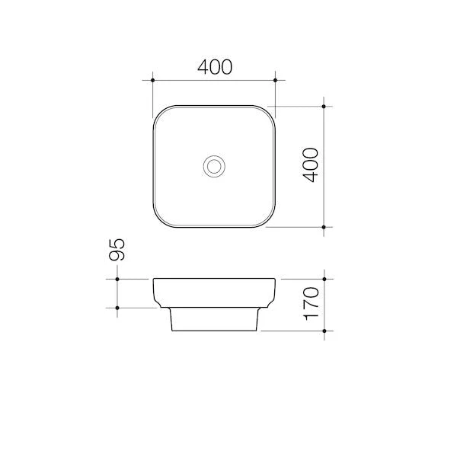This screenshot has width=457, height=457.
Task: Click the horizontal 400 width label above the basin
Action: pos(214,67)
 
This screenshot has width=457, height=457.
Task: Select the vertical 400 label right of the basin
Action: pos(310,165)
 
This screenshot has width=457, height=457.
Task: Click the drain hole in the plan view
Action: pos(214,165)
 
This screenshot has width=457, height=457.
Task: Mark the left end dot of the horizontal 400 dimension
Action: pos(153,79)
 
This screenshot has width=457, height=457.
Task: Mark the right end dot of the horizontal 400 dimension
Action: pos(275,79)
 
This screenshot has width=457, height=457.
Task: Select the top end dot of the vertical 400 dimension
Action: pos(324,106)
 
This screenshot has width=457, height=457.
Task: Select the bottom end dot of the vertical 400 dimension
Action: pos(324,227)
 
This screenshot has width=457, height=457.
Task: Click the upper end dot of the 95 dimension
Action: pos(117,280)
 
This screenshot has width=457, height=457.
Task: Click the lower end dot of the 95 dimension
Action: pos(117,308)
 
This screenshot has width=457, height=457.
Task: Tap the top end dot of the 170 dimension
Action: pos(324,280)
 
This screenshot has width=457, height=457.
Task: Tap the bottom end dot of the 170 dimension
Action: pos(324,331)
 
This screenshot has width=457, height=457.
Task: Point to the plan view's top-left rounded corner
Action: pos(160,112)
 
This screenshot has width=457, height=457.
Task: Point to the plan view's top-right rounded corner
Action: pos(268,112)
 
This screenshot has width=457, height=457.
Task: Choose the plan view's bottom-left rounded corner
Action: pos(160,220)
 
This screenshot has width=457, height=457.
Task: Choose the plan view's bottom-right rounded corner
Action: pos(268,220)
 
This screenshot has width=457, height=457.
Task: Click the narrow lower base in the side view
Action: pos(214,320)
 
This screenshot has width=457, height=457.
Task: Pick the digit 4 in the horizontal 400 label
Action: pos(203,67)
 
